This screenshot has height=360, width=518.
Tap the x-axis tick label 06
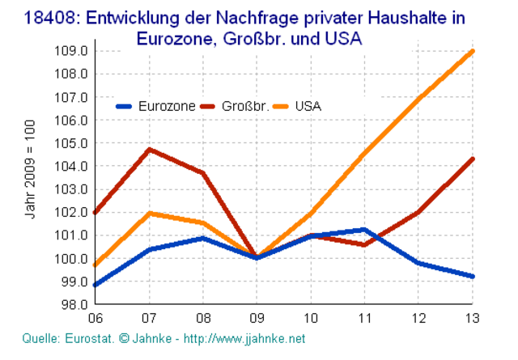96,319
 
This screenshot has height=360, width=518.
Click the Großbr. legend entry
244,105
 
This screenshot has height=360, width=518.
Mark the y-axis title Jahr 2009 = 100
31,171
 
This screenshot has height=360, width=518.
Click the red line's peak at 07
149,150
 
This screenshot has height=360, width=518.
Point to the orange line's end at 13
473,51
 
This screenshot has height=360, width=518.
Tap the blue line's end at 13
473,277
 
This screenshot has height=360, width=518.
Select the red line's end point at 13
473,159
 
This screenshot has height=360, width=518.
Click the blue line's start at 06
96,285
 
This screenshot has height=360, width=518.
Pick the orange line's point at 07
149,213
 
